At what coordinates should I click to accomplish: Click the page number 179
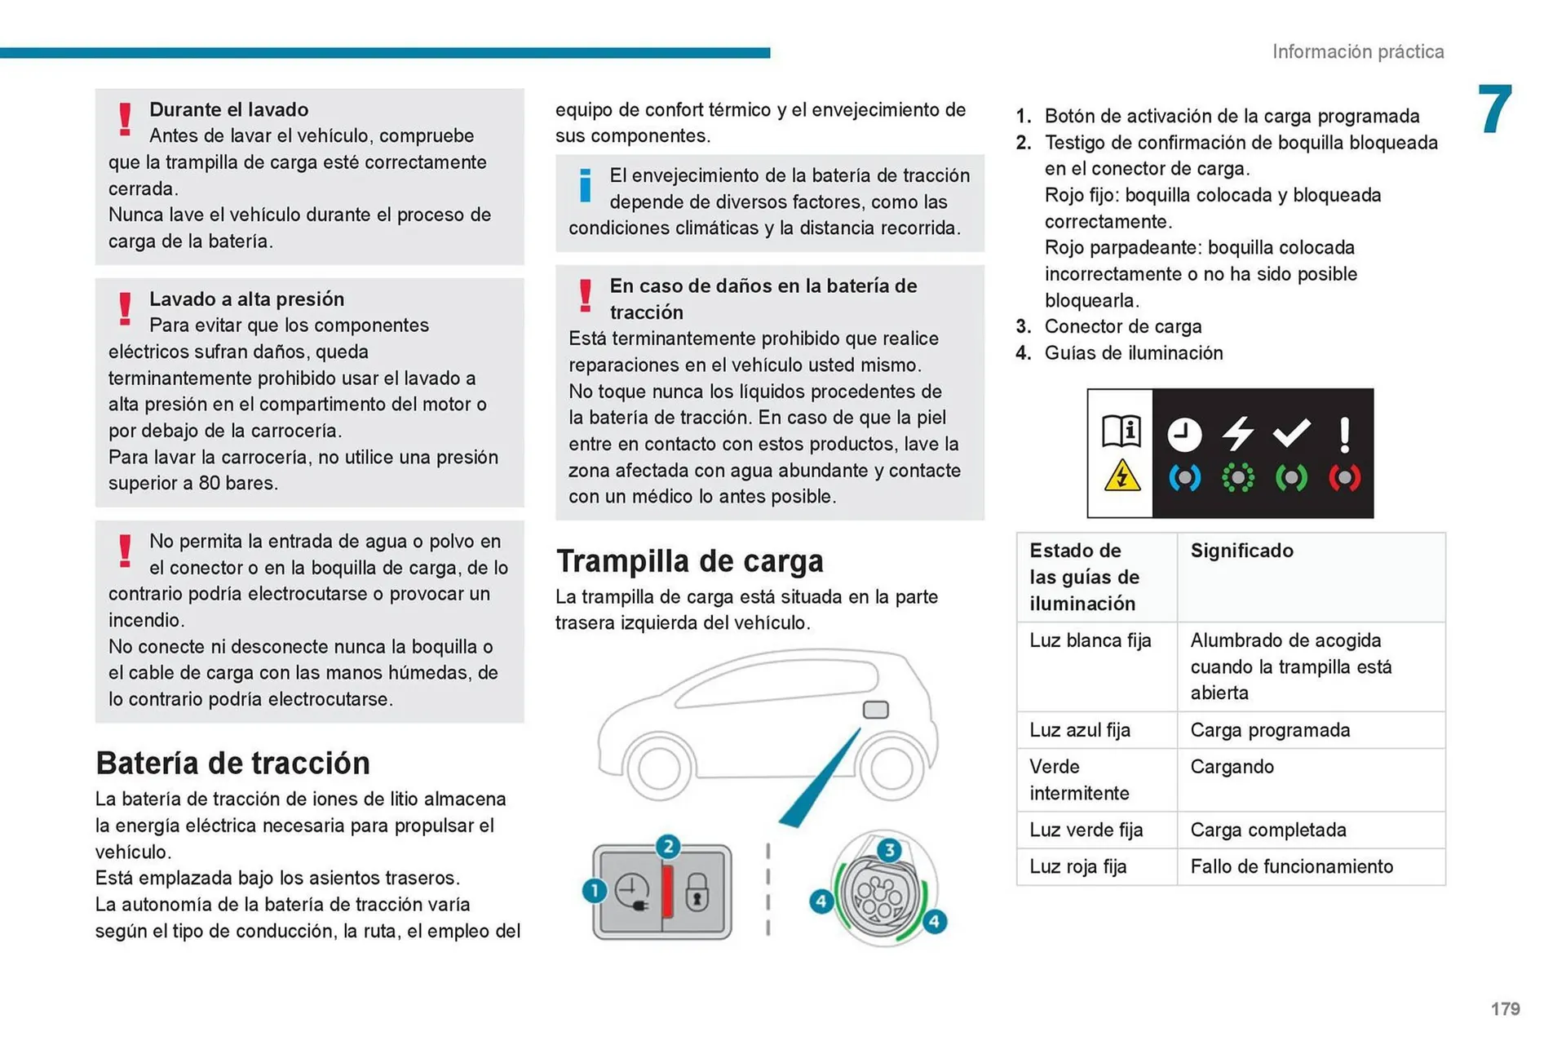(x=1505, y=1008)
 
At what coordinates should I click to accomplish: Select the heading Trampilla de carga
(x=689, y=561)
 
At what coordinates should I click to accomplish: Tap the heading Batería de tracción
(x=232, y=763)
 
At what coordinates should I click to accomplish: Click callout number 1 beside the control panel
(x=595, y=890)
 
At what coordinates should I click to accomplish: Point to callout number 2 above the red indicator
(x=668, y=846)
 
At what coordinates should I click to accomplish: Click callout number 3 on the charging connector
(x=889, y=850)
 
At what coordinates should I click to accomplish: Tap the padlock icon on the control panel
(x=697, y=892)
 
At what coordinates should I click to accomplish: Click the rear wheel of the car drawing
(x=891, y=767)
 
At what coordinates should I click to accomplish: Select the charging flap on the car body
(x=875, y=709)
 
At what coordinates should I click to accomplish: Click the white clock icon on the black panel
(x=1184, y=435)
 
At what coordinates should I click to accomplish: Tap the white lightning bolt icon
(x=1237, y=433)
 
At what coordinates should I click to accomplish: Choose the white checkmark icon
(x=1291, y=433)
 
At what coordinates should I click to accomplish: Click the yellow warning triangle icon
(x=1121, y=476)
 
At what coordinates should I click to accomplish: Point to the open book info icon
(x=1121, y=430)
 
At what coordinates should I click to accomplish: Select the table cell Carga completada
(x=1267, y=830)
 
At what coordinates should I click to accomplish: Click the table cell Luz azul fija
(x=1079, y=730)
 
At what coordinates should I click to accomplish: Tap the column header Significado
(x=1241, y=551)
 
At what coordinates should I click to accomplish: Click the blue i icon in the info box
(x=585, y=185)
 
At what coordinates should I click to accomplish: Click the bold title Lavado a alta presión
(x=246, y=299)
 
